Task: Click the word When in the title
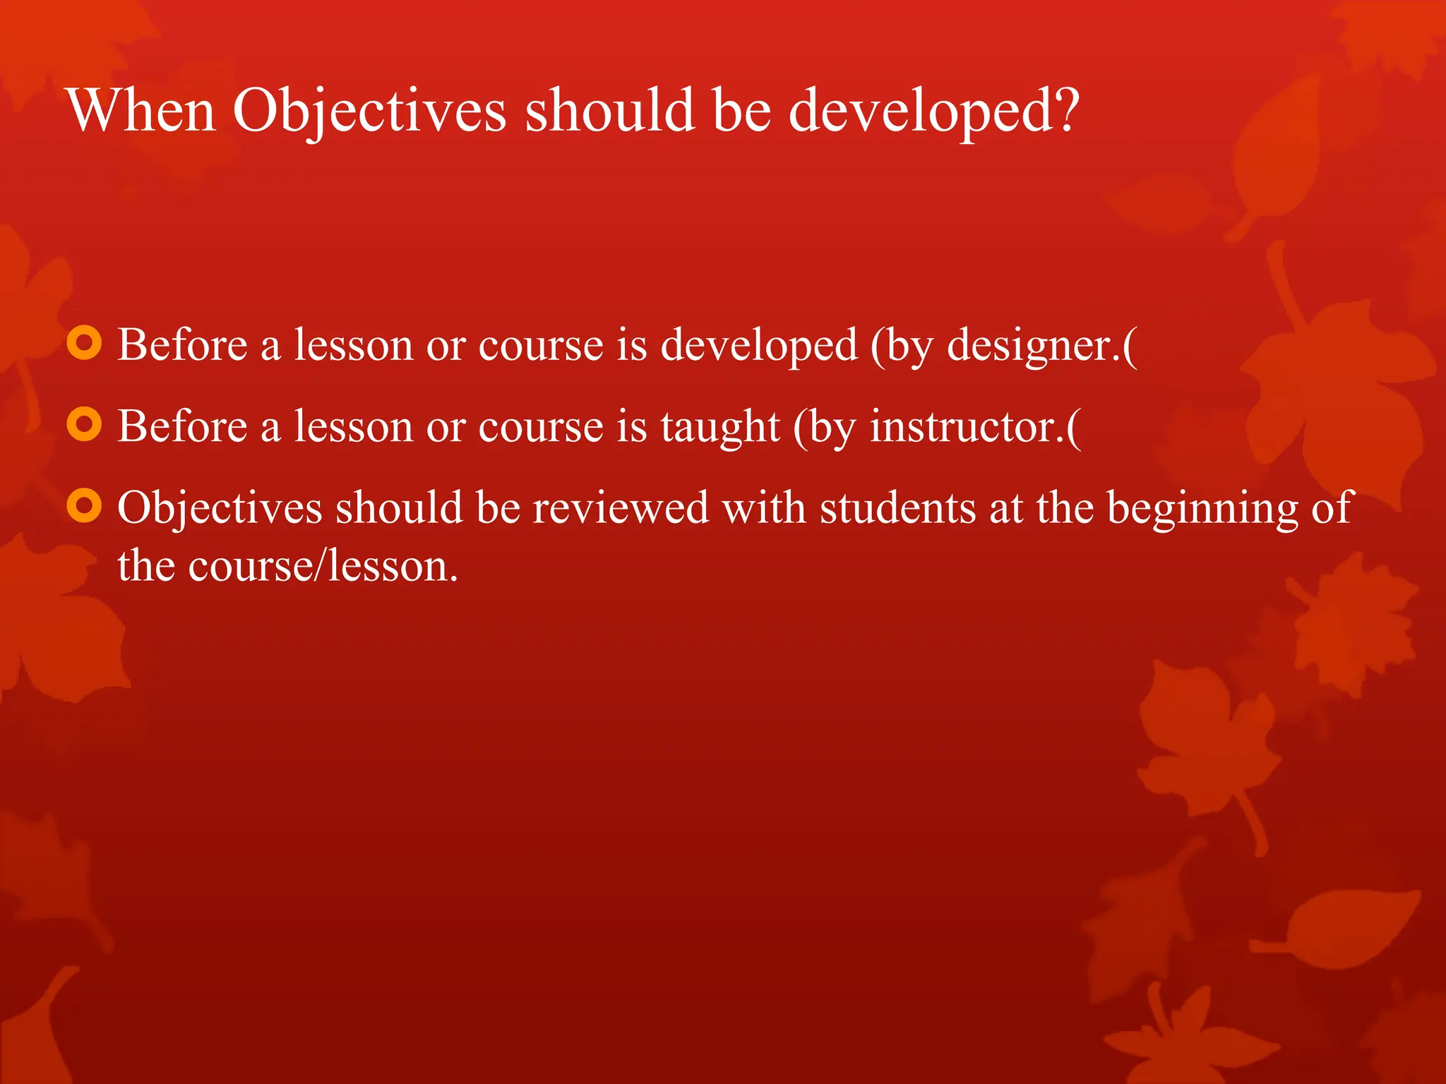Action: pyautogui.click(x=141, y=111)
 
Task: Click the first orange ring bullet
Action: pyautogui.click(x=85, y=344)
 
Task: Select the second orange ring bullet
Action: pyautogui.click(x=85, y=425)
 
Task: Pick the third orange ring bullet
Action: pyautogui.click(x=85, y=506)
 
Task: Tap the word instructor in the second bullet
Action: pyautogui.click(x=964, y=428)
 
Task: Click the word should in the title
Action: pyautogui.click(x=610, y=111)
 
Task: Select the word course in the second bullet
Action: pyautogui.click(x=541, y=428)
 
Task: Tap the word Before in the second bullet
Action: pyautogui.click(x=182, y=427)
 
